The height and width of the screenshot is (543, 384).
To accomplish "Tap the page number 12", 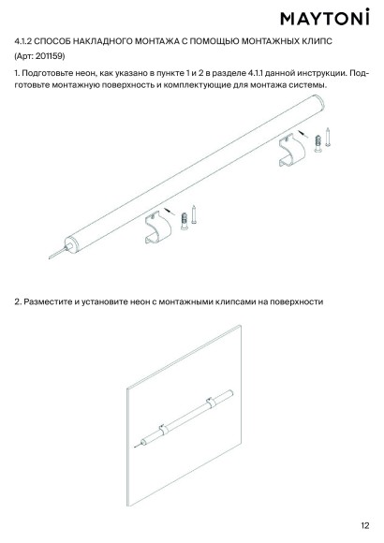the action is pos(365,525).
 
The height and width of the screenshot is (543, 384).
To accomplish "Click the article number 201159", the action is pos(50,56).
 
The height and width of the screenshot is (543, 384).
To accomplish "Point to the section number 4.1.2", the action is pos(23,41).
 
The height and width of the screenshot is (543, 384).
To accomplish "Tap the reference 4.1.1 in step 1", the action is pos(256,73).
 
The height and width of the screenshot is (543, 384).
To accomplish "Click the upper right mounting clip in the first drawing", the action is pos(292,150).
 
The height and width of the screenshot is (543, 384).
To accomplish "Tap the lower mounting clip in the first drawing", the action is pos(157,227).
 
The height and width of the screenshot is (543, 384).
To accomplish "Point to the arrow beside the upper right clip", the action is pos(303,134).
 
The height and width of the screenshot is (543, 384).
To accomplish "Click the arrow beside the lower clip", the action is pos(169,211).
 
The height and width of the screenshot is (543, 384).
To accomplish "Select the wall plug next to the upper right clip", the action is pos(318,143).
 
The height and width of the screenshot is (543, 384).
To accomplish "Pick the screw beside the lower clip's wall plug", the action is pos(194,214).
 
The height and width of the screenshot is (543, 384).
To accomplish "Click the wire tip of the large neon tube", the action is pos(50,258).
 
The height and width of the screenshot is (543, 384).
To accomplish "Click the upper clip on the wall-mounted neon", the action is pos(211,403).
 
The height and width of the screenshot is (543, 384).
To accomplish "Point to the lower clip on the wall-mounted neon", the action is pos(164,430).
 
